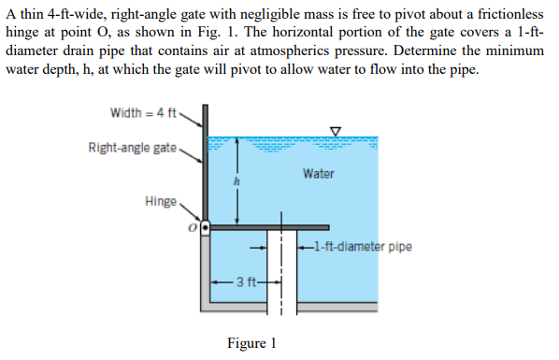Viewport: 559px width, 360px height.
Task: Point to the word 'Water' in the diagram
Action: tap(318, 174)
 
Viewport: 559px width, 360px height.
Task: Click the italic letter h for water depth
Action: tap(237, 181)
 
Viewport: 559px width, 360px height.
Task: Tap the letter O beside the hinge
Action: tap(193, 226)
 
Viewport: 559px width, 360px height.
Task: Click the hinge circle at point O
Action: tap(205, 226)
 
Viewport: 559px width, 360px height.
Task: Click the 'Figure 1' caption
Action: tap(251, 342)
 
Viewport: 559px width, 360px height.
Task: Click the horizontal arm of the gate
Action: tap(271, 226)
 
